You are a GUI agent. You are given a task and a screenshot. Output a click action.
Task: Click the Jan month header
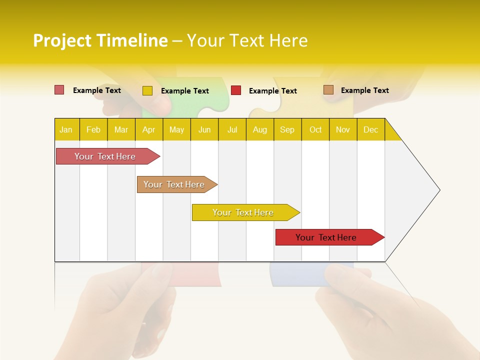tap(66, 129)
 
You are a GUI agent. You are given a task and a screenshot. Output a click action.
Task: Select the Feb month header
tap(93, 129)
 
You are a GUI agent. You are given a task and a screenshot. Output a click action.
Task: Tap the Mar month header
tap(121, 129)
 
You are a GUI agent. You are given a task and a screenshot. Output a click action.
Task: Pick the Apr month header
tap(149, 129)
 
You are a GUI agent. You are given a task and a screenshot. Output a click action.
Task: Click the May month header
tap(176, 129)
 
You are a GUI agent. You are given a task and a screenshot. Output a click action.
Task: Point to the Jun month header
tap(204, 129)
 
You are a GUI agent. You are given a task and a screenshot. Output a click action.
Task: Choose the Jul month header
tap(232, 129)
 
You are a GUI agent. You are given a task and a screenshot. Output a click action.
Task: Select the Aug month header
tap(260, 129)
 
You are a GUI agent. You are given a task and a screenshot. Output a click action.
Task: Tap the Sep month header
tap(287, 129)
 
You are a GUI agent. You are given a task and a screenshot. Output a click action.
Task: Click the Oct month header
tap(315, 129)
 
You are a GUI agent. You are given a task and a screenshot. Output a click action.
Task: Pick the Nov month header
tap(343, 129)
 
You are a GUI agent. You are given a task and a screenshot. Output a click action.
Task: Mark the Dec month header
tap(371, 129)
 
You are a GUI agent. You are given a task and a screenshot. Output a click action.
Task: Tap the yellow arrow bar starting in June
tap(243, 212)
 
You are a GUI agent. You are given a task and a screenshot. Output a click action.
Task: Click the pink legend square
tap(59, 90)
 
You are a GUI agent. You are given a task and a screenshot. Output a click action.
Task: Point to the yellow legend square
tap(147, 90)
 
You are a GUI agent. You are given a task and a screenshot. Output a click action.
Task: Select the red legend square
tap(236, 90)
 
